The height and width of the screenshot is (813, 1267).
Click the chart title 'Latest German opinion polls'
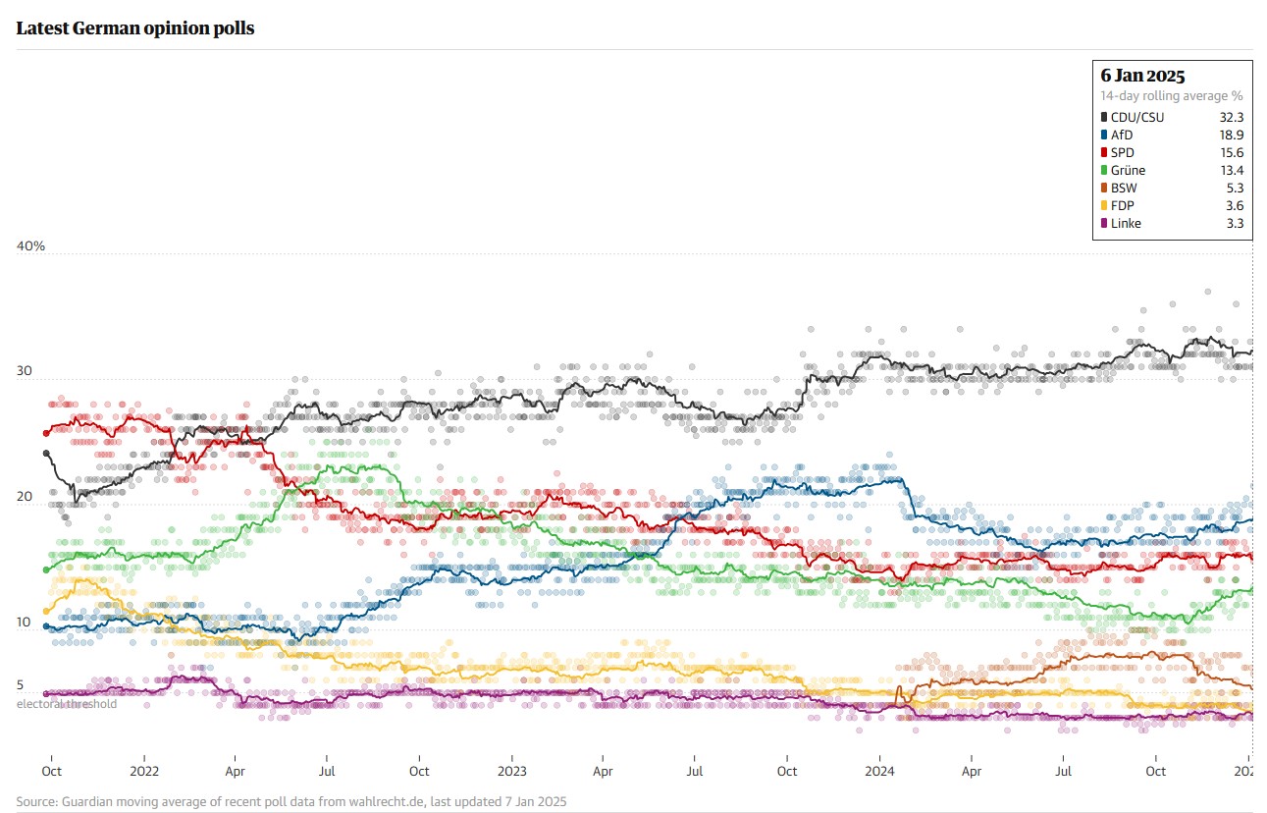tap(135, 28)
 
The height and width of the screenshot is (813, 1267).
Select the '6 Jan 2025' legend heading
tap(1142, 76)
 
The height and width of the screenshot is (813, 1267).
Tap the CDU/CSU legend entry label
tap(1137, 117)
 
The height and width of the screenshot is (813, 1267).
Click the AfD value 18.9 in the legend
tap(1231, 135)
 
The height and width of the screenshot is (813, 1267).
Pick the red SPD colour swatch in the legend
tap(1104, 152)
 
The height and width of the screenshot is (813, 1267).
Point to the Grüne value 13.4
tap(1231, 170)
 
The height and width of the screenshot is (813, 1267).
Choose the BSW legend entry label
tap(1125, 188)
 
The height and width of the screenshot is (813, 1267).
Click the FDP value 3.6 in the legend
tap(1234, 205)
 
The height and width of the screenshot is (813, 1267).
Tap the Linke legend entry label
tap(1126, 223)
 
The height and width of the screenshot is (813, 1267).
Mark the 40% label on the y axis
tap(30, 245)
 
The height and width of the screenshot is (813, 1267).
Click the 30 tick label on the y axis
tap(25, 371)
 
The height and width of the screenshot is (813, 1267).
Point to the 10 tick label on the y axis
tap(24, 623)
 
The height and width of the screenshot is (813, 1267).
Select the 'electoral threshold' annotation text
tap(66, 703)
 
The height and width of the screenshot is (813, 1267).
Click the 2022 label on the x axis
tap(144, 772)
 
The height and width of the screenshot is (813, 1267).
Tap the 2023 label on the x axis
tap(512, 772)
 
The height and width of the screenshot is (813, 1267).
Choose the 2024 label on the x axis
tap(879, 772)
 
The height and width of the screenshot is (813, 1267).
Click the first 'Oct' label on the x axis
tap(51, 772)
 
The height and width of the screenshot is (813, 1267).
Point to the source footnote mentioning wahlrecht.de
tap(291, 801)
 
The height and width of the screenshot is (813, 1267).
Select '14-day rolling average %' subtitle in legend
tap(1172, 95)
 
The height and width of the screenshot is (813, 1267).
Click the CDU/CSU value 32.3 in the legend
tap(1231, 117)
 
